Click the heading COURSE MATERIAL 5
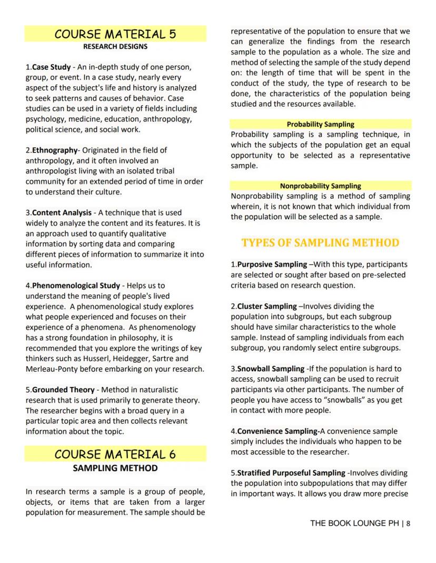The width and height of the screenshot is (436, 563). tap(115, 35)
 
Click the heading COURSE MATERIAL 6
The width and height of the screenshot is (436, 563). tap(115, 454)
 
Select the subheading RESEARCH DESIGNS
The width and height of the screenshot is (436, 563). tap(115, 47)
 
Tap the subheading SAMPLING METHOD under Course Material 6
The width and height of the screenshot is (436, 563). tap(115, 467)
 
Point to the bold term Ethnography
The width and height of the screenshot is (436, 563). tap(55, 150)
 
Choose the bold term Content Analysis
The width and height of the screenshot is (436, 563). tap(61, 212)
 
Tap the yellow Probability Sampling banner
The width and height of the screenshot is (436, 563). tap(320, 125)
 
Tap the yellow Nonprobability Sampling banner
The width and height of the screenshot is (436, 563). tap(320, 186)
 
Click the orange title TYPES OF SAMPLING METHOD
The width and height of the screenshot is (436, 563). tap(320, 243)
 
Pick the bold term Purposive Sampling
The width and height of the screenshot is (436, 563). tap(272, 264)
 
